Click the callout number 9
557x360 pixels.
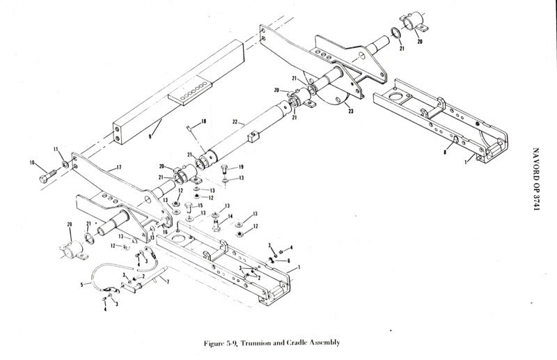pos(150,136)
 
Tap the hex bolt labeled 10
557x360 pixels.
pos(47,175)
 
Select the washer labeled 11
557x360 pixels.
pos(65,164)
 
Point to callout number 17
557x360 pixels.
pos(118,167)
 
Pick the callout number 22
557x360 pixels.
pos(235,122)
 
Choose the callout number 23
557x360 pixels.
pos(351,111)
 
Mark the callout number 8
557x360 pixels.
pos(445,152)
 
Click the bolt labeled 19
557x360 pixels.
pos(224,169)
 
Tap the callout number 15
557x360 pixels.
pos(200,205)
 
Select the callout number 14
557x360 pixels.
pos(230,216)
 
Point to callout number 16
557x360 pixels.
pos(165,232)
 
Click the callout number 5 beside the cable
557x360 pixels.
pos(81,284)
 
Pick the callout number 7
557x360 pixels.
pos(168,281)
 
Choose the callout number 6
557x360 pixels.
pos(288,261)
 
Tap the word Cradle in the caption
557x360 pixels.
pos(297,343)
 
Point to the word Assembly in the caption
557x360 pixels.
pos(324,343)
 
